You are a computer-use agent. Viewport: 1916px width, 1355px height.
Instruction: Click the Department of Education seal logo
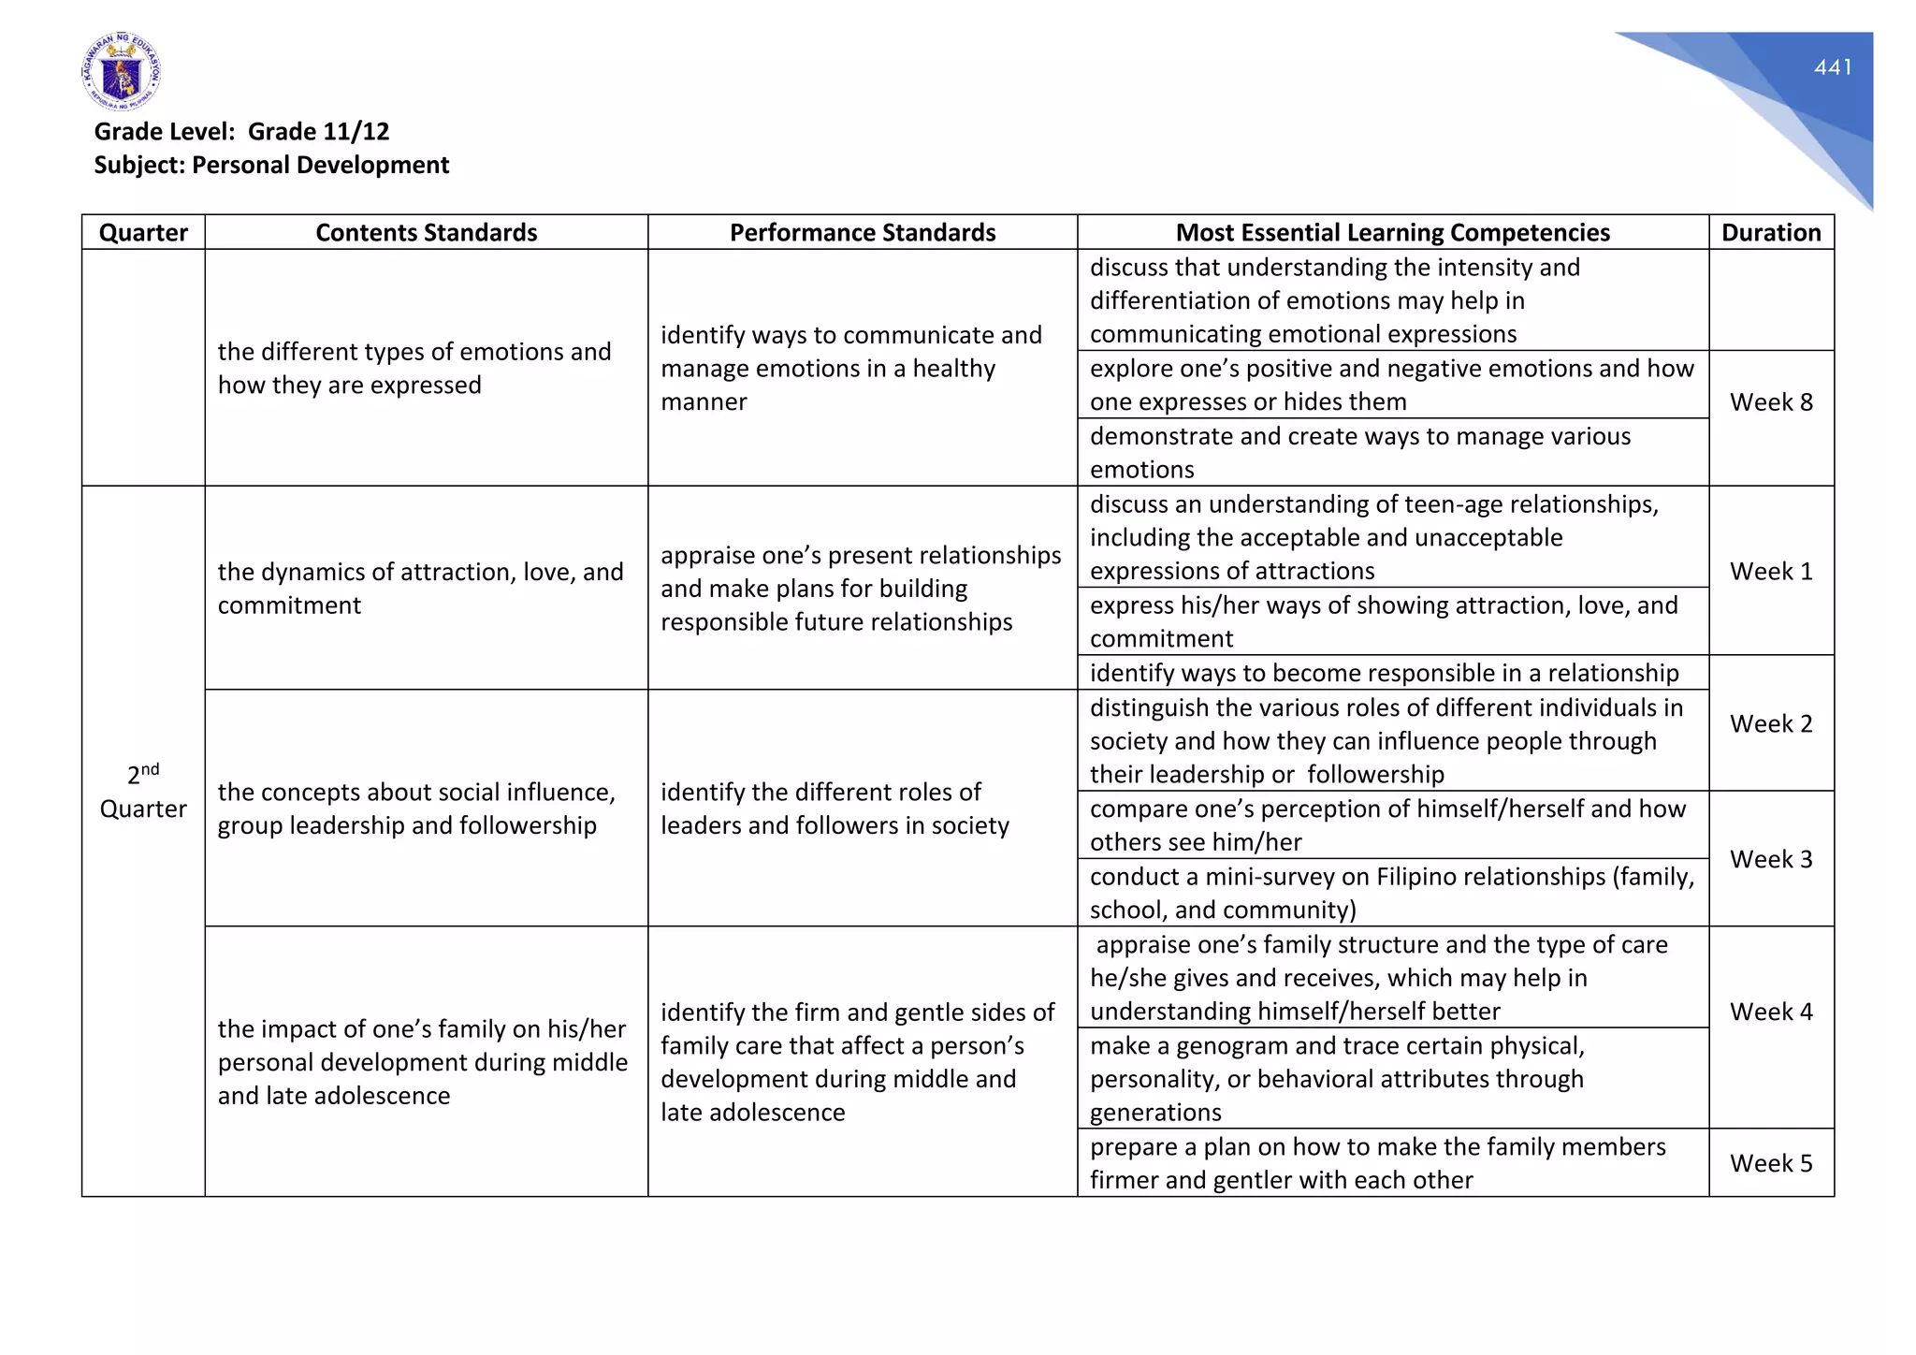[x=121, y=72]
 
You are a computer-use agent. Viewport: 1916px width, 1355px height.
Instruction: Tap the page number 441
[x=1833, y=67]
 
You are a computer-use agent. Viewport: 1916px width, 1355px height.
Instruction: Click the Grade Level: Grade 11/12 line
[x=241, y=131]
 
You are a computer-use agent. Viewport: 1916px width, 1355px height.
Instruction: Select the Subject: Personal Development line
[x=271, y=165]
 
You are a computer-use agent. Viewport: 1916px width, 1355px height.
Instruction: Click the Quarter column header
[x=143, y=232]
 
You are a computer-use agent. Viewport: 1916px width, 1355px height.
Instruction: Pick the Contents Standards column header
[x=426, y=232]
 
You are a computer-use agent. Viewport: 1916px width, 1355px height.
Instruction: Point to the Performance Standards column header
[x=862, y=232]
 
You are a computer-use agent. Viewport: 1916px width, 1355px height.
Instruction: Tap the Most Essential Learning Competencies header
[x=1392, y=232]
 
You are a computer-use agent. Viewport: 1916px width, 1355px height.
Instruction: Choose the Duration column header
[x=1771, y=232]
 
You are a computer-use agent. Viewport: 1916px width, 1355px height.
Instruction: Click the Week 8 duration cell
[x=1771, y=402]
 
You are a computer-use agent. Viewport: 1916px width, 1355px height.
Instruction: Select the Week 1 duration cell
[x=1771, y=571]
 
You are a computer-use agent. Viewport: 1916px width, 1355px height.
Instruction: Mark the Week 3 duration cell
[x=1771, y=859]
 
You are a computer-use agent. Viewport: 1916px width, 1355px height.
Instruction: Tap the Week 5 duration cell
[x=1771, y=1163]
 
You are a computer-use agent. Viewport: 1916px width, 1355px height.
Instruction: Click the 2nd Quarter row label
[x=143, y=792]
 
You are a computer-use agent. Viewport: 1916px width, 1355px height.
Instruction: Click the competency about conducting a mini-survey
[x=1391, y=893]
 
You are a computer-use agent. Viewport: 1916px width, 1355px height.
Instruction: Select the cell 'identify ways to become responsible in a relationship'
[x=1384, y=673]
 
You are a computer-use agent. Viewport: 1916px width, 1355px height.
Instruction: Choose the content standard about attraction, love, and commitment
[x=420, y=588]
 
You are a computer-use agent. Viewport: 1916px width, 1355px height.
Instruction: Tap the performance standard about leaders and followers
[x=835, y=809]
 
